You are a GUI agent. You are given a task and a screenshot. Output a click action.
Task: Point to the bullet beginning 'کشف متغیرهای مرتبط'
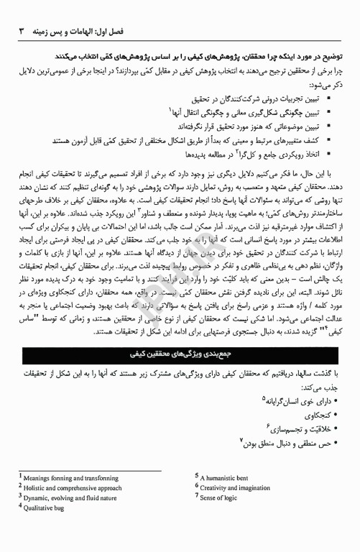[200, 140]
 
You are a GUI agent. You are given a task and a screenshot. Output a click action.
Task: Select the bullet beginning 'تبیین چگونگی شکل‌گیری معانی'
[244, 111]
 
